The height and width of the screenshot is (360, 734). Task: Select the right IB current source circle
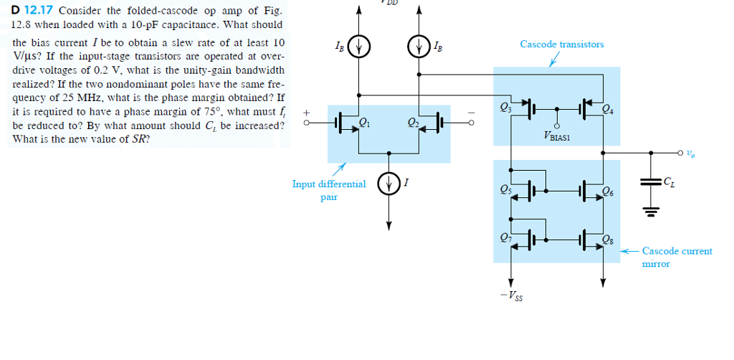point(419,49)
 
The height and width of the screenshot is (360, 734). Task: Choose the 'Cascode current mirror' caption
point(677,257)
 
